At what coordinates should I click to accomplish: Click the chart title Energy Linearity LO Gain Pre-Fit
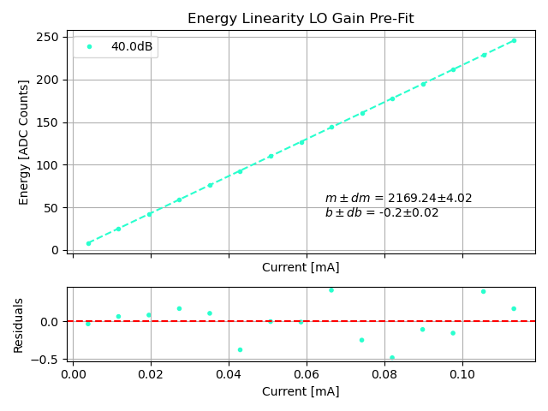(x=301, y=19)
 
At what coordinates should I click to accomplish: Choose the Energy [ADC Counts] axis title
(x=24, y=142)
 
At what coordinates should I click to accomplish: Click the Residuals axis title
(x=19, y=325)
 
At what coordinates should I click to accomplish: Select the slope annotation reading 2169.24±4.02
(x=398, y=199)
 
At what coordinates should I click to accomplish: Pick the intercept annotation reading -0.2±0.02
(x=381, y=213)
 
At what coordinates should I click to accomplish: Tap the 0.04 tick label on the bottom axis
(x=229, y=374)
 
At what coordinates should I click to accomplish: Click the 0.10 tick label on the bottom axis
(x=462, y=374)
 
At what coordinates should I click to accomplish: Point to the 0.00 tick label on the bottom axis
(x=73, y=374)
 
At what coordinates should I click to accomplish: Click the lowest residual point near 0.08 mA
(x=392, y=358)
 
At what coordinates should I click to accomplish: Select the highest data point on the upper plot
(x=514, y=40)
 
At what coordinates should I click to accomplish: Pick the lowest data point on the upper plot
(x=88, y=243)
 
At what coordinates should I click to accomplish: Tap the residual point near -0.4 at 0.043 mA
(x=240, y=349)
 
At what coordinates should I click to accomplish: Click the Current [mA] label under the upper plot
(x=301, y=267)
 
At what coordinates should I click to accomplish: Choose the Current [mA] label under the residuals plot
(x=301, y=391)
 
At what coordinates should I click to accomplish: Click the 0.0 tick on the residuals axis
(x=49, y=322)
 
